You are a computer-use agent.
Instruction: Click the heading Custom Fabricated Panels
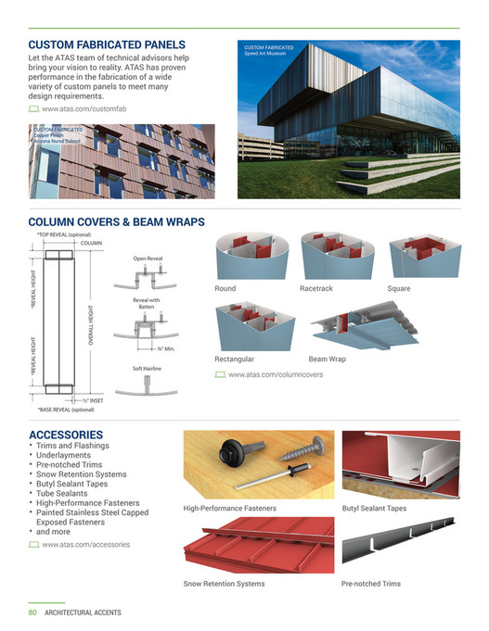tap(108, 44)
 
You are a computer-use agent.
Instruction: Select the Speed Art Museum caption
tap(268, 50)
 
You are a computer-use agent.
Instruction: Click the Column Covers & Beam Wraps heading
tap(117, 222)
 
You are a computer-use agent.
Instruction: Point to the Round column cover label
tap(225, 289)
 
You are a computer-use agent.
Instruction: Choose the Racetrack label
tap(315, 289)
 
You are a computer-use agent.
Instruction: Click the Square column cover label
tap(399, 289)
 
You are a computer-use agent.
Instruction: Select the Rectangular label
tap(234, 359)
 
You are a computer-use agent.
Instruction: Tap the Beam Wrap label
tap(327, 359)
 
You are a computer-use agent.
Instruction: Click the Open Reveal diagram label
tap(148, 259)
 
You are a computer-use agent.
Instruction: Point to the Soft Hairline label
tap(148, 369)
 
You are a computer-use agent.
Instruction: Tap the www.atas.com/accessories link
tap(85, 544)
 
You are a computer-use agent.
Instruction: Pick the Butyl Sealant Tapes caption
tap(374, 509)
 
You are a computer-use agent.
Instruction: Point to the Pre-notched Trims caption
tap(371, 584)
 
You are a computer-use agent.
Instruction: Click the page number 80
tap(32, 612)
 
